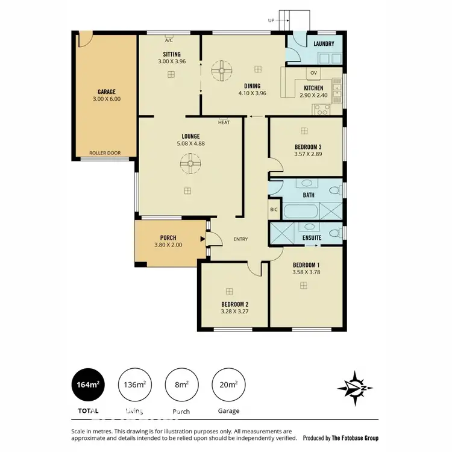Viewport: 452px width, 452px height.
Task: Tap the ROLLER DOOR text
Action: pos(105,153)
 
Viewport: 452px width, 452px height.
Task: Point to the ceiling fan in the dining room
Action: pos(221,72)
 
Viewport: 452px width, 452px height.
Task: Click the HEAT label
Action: pos(224,122)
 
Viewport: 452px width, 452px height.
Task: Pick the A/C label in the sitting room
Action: pos(169,42)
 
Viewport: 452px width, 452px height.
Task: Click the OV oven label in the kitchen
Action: pos(313,74)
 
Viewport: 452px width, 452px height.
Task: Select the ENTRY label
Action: pos(240,239)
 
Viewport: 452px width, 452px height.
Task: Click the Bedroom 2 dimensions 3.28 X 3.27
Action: pos(235,312)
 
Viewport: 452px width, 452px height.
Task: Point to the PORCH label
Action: pos(168,237)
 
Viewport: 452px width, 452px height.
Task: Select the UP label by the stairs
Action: pos(271,20)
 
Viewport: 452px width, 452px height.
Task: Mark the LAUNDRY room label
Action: pos(324,44)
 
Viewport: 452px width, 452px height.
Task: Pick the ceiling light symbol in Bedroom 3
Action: pos(304,130)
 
